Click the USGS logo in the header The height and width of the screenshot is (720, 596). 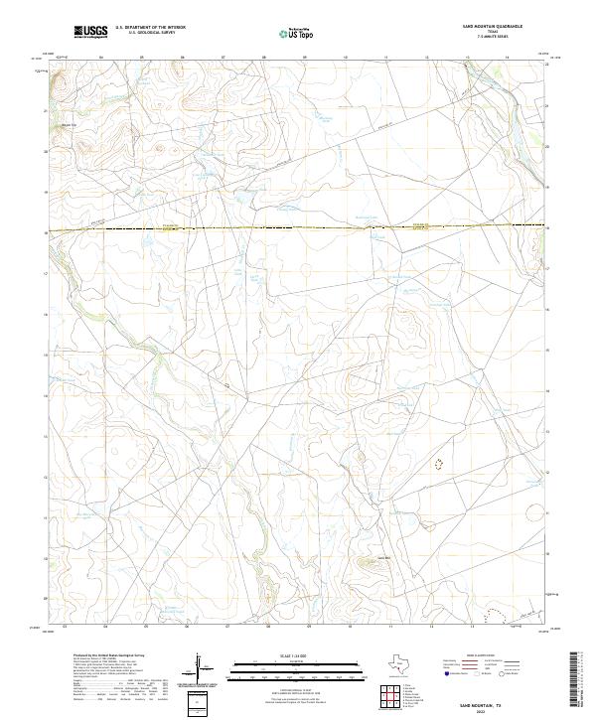coord(90,32)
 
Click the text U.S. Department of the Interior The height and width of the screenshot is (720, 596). coord(150,27)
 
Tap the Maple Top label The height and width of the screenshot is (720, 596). coord(69,125)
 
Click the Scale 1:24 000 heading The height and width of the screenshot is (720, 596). coord(283,653)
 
